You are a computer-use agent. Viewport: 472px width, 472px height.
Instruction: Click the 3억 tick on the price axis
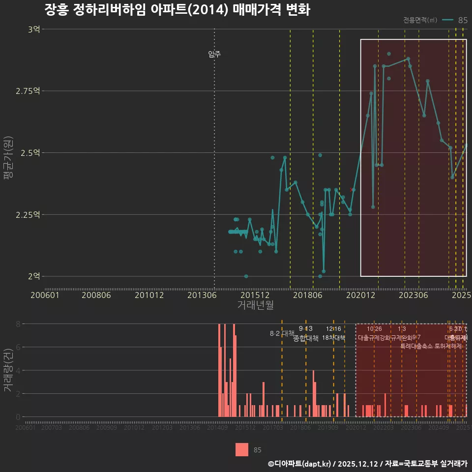(x=34, y=29)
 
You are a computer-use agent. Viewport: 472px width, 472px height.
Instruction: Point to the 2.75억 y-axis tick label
(x=30, y=91)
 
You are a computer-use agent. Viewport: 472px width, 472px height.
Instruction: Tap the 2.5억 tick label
(x=31, y=153)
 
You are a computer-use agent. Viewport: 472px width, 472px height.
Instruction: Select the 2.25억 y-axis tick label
(x=30, y=214)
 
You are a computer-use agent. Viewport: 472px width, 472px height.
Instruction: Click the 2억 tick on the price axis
(x=34, y=276)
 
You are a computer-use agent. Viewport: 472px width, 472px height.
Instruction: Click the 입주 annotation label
(x=214, y=54)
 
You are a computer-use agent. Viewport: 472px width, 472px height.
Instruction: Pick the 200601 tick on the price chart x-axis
(x=45, y=295)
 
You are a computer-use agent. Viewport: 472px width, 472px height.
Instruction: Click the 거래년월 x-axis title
(x=255, y=305)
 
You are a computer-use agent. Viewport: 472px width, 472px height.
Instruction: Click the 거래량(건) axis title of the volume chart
(x=8, y=370)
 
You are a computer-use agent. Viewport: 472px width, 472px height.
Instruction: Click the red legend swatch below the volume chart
(x=241, y=449)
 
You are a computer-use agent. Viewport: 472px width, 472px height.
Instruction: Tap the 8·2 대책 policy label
(x=282, y=334)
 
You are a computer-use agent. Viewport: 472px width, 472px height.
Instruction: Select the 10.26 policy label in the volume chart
(x=374, y=329)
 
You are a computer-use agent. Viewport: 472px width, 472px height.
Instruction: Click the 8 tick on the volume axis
(x=18, y=324)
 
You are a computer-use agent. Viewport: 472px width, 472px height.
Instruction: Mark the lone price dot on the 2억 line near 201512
(x=246, y=276)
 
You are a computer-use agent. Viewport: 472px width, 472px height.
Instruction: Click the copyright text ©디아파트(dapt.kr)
(x=300, y=464)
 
